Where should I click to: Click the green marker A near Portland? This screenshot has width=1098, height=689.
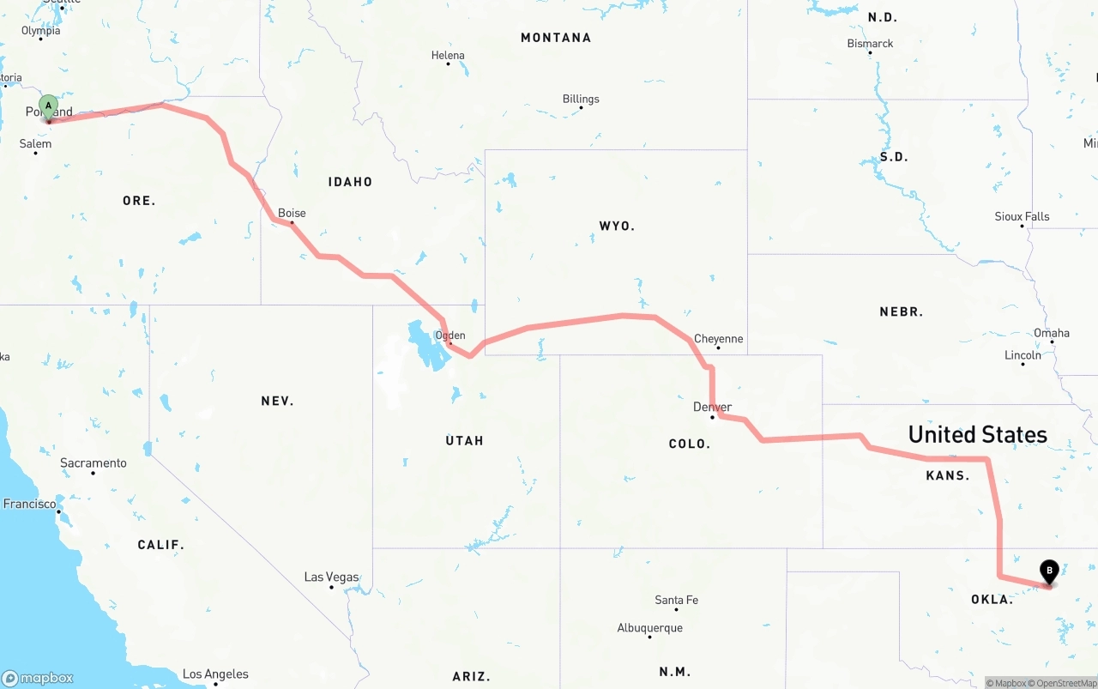pos(49,107)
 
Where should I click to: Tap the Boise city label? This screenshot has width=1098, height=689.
pos(292,213)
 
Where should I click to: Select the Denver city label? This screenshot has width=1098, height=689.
pos(712,407)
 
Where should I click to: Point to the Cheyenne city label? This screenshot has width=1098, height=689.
pos(718,339)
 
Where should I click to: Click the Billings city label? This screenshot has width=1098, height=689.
pos(581,99)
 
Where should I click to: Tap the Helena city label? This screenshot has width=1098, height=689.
pos(448,55)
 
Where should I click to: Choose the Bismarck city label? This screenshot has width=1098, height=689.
pos(870,43)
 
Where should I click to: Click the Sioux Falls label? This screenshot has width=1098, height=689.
pos(1022,216)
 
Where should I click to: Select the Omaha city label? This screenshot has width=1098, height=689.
pos(1051,333)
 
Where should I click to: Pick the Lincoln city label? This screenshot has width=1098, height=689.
pos(1023,355)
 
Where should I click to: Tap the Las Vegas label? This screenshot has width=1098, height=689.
pos(331,577)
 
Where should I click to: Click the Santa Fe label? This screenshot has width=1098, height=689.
pos(676,600)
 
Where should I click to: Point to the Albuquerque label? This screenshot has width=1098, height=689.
pos(649,628)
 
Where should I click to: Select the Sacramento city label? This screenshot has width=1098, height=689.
pos(93,463)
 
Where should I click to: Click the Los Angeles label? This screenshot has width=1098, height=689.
pos(215,674)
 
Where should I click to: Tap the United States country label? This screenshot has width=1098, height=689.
pos(977,434)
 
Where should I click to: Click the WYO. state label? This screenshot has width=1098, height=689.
pos(617,226)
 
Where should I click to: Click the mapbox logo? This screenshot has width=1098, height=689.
pos(38,678)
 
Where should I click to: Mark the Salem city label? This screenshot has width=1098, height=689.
pos(35,143)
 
